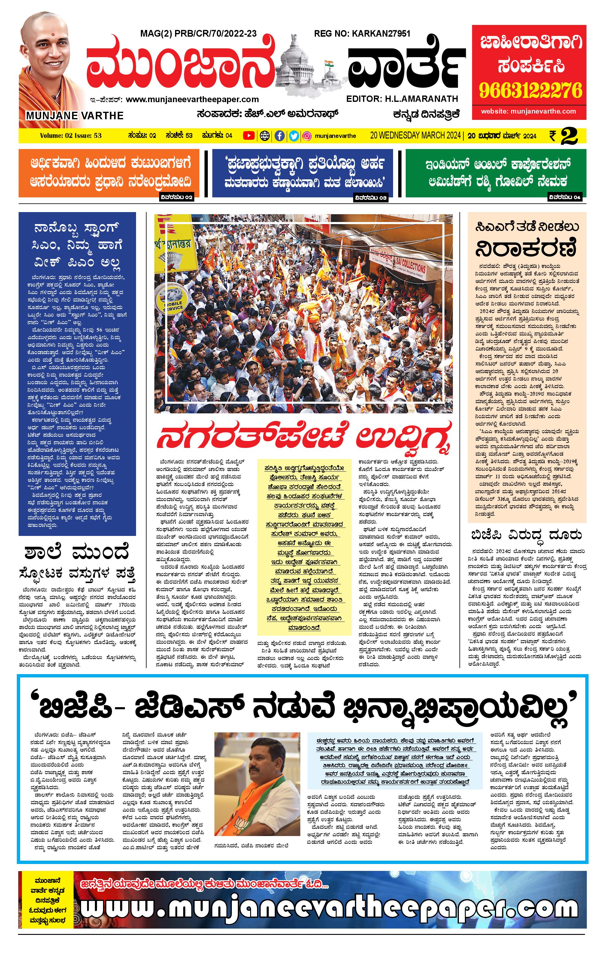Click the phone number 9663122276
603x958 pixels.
530,91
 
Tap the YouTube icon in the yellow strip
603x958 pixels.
249,136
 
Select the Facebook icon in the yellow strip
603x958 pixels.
280,136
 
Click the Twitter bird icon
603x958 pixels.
294,136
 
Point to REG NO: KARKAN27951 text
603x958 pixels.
362,34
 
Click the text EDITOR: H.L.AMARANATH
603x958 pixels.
402,99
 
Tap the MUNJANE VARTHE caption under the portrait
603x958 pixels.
75,116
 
